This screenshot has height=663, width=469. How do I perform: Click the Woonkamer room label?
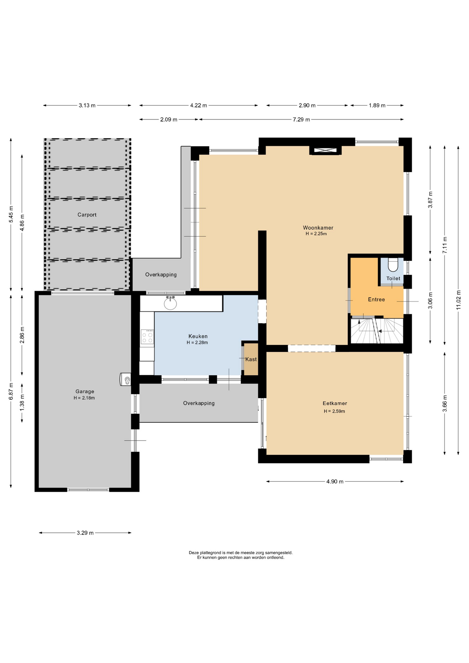tap(318, 228)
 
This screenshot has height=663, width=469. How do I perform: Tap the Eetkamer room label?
tap(335, 403)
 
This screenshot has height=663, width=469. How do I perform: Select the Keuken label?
tap(198, 336)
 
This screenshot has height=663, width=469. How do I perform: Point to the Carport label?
tap(87, 215)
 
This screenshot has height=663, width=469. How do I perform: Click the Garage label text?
tap(85, 392)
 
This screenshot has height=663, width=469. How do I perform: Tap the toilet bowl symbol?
tap(393, 265)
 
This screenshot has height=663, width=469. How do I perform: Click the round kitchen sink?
tap(170, 304)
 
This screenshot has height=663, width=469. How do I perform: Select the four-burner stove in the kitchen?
tap(147, 337)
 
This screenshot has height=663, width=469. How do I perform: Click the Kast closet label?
tap(251, 359)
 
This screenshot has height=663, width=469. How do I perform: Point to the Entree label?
tap(376, 300)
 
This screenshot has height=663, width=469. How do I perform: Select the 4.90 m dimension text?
tap(335, 482)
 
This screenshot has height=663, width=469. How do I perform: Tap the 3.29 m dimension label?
tap(85, 533)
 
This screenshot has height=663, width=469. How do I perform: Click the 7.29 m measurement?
tap(301, 120)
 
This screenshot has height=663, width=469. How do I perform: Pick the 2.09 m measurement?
tap(169, 120)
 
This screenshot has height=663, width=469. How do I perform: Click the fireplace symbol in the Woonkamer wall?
tap(325, 150)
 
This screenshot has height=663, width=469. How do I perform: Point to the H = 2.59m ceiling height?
tap(334, 411)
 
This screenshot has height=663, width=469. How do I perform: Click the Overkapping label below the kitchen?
tap(199, 403)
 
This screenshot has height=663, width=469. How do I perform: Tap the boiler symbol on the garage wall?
tap(126, 379)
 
